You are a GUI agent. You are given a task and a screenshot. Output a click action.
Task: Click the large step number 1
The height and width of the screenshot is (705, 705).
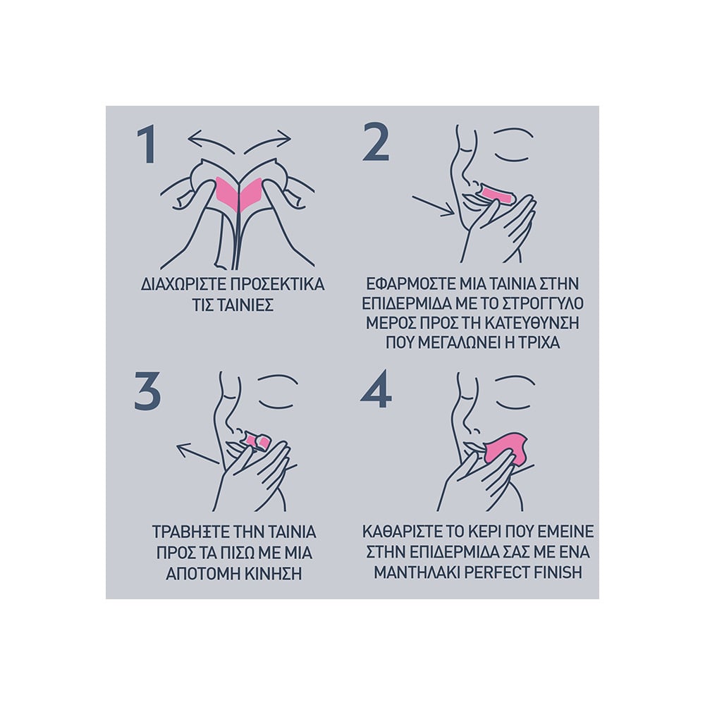148,145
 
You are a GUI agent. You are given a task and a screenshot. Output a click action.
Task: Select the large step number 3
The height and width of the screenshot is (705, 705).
147,391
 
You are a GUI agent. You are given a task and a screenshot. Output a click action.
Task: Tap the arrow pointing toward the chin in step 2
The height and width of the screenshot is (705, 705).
434,206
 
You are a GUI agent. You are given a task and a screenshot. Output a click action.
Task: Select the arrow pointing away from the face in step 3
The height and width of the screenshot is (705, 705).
198,453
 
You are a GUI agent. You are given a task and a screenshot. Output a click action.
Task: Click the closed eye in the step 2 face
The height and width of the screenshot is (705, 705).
513,145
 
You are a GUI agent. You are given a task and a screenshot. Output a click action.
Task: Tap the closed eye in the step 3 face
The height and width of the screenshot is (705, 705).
277,392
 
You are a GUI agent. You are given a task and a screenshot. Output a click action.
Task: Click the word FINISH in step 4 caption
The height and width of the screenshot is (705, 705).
558,572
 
